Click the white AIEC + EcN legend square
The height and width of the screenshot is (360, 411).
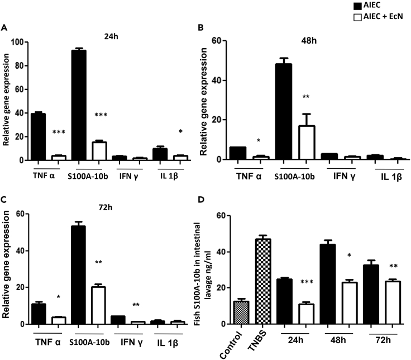click(357, 17)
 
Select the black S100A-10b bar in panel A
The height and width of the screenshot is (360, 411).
click(79, 105)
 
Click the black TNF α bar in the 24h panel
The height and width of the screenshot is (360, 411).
click(39, 137)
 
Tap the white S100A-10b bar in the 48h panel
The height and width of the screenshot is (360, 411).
click(307, 143)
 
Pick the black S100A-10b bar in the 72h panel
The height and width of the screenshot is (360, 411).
click(78, 275)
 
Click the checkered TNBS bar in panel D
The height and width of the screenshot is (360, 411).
click(263, 281)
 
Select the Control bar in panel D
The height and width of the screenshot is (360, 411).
click(241, 312)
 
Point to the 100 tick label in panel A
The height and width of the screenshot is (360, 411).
click(17, 42)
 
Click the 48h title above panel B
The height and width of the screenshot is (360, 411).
click(309, 41)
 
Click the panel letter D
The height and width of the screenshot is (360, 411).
click(201, 200)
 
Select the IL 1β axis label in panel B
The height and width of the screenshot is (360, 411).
click(391, 177)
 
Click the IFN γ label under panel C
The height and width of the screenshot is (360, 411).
click(132, 343)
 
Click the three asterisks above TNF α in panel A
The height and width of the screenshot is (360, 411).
click(59, 132)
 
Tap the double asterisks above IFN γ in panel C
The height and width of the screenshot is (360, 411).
click(136, 305)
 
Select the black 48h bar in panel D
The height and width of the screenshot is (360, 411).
click(328, 284)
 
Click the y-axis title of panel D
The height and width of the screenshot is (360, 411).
click(204, 274)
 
